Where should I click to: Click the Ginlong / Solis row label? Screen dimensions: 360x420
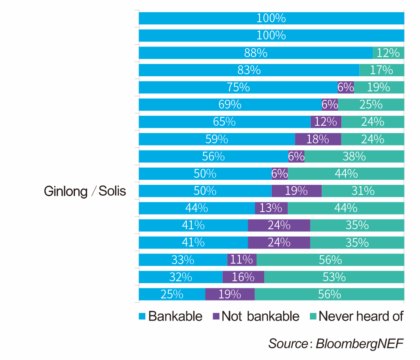point(85,191)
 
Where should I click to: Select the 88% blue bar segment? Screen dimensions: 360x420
point(255,53)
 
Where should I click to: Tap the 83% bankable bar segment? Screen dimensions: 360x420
point(249,70)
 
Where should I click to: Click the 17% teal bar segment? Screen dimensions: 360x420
point(381,70)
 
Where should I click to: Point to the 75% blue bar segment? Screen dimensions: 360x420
point(238,87)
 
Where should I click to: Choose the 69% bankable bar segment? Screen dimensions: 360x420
point(230,104)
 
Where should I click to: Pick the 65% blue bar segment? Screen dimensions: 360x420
point(224,122)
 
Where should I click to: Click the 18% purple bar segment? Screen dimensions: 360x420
point(318,139)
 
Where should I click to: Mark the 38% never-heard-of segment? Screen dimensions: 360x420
point(354,156)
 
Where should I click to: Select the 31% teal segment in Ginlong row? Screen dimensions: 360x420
point(363,191)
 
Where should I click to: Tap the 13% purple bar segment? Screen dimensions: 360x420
point(271,208)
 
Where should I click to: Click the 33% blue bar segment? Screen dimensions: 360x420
point(183,260)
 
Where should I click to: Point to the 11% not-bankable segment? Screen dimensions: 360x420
point(242,260)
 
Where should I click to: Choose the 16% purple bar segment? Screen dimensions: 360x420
point(243,277)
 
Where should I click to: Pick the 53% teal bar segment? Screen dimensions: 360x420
point(334,277)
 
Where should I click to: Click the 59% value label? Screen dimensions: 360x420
point(216,139)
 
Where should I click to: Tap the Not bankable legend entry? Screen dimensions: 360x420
point(256,316)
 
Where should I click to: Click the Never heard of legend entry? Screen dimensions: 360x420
point(356,316)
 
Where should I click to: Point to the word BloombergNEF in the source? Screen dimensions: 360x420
point(359,344)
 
